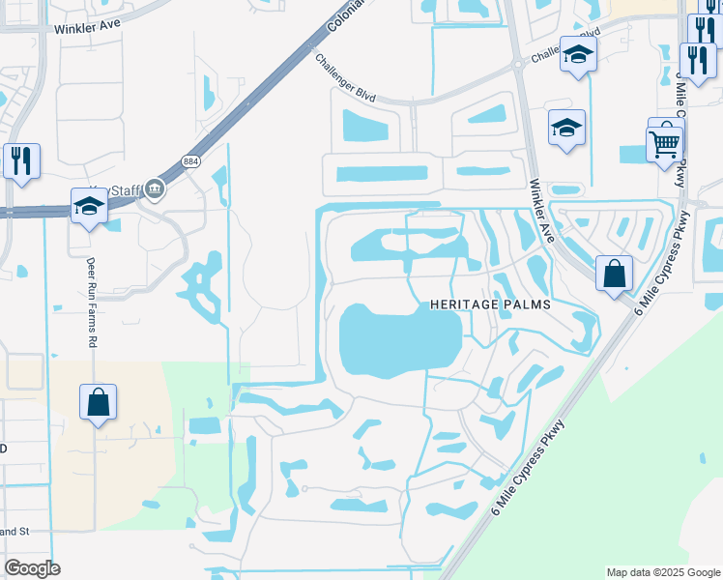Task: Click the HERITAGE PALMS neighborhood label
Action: click(x=490, y=304)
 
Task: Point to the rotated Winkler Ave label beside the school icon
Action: click(x=541, y=209)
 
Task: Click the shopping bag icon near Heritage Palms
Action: click(x=614, y=274)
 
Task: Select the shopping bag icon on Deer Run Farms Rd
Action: click(x=99, y=402)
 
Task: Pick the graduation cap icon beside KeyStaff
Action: click(x=89, y=206)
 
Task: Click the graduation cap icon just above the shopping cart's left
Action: click(x=566, y=127)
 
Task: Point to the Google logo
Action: click(x=33, y=568)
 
